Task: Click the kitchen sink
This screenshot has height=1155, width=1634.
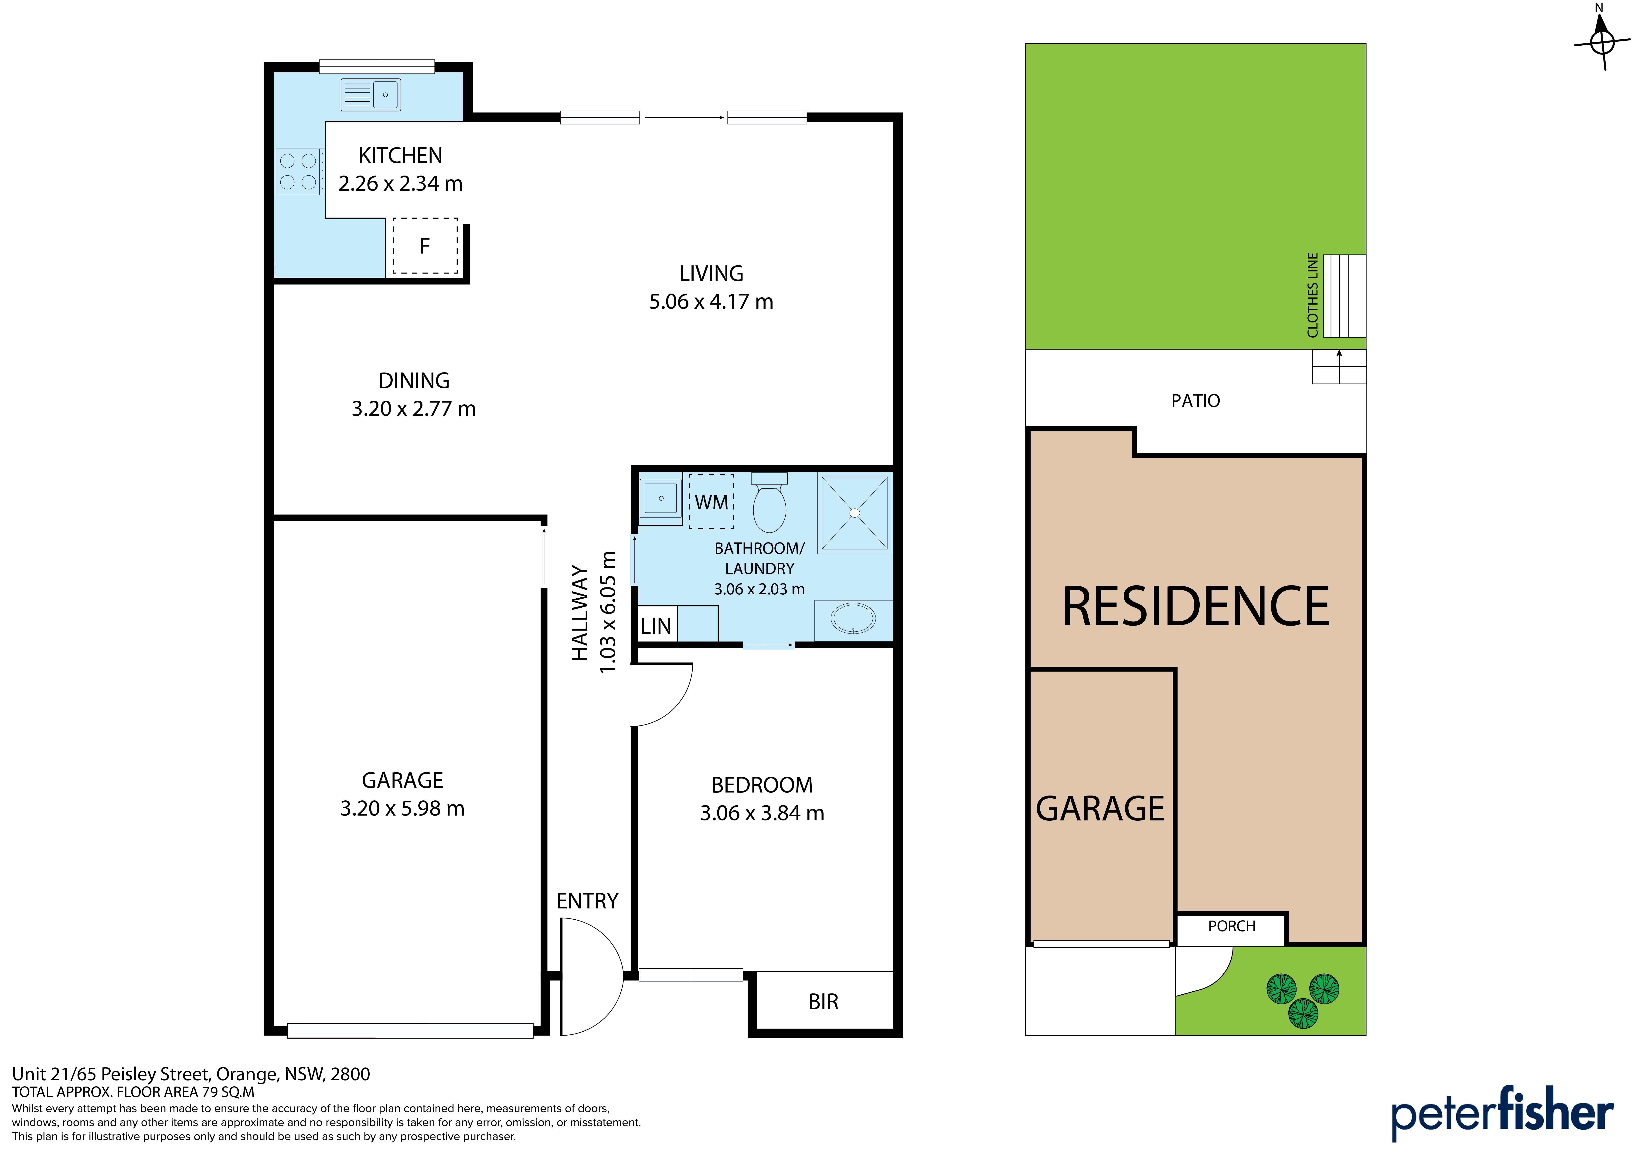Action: coord(371,95)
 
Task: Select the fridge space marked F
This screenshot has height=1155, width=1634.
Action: coord(425,246)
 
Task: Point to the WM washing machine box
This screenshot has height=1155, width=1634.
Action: coord(711,502)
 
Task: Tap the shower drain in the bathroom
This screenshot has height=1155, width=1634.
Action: coord(855,513)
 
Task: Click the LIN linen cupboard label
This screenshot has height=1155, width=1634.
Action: coord(655,626)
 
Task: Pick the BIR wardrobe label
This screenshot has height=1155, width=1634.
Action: coord(824,1002)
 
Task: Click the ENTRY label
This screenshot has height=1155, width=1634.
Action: coord(587,901)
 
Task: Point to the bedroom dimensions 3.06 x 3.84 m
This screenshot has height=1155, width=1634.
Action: coord(762,813)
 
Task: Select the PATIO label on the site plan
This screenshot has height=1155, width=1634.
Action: coord(1196,401)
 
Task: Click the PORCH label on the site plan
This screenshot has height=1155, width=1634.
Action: coord(1232,926)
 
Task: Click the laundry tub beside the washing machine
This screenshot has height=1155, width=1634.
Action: coord(660,498)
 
